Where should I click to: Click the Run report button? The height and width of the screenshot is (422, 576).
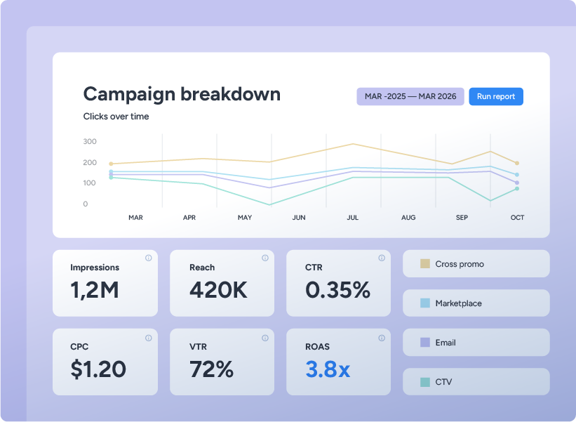tap(496, 96)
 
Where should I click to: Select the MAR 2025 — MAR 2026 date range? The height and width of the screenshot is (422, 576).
tap(410, 96)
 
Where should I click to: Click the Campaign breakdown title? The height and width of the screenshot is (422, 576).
tap(182, 94)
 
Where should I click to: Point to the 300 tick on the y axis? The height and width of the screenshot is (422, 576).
tap(90, 142)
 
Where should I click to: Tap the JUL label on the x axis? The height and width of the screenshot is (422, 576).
tap(353, 218)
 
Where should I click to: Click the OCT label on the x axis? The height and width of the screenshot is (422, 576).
tap(517, 218)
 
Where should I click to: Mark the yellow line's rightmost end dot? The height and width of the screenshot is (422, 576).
tap(517, 163)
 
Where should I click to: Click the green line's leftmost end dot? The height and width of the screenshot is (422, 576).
tap(111, 178)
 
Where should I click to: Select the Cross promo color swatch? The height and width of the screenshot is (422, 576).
tap(425, 263)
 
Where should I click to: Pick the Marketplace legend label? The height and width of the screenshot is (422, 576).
tap(458, 303)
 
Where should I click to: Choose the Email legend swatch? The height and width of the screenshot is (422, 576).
tap(425, 342)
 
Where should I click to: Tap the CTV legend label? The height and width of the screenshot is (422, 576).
tap(443, 382)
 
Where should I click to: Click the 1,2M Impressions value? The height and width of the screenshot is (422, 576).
tap(95, 290)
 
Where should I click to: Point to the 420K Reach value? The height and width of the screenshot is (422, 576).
tap(219, 290)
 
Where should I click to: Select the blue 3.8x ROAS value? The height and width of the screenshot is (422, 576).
tap(328, 369)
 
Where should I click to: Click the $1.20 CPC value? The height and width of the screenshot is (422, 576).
tap(98, 369)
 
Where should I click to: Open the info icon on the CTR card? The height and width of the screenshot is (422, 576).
tap(382, 258)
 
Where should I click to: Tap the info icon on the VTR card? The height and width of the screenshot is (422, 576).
tap(265, 338)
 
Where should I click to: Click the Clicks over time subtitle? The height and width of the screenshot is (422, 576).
tap(116, 117)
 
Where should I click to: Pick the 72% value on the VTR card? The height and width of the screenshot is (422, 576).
tap(212, 369)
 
